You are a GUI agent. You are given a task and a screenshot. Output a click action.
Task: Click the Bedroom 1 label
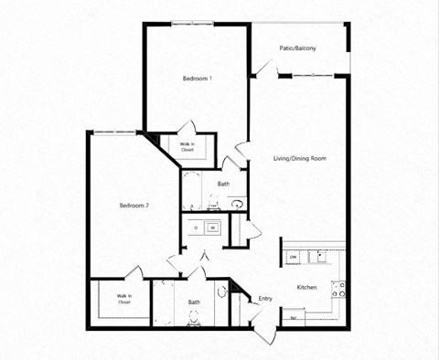click(198, 79)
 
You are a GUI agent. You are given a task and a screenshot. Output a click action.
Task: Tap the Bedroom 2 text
click(134, 206)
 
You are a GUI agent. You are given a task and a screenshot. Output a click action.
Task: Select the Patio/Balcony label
click(298, 48)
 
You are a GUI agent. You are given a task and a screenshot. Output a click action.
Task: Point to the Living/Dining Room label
click(299, 159)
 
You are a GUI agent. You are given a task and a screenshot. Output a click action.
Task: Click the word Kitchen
click(307, 288)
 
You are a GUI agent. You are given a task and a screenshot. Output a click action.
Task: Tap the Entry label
click(265, 299)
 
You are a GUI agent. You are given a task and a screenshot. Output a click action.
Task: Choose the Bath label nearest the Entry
click(194, 302)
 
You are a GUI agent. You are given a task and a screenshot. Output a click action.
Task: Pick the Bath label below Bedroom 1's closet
click(223, 185)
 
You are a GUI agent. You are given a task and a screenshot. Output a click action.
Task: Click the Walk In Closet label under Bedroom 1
click(186, 148)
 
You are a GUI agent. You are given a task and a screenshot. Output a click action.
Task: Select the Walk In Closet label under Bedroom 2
click(123, 298)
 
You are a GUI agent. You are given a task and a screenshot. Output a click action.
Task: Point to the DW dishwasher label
click(293, 259)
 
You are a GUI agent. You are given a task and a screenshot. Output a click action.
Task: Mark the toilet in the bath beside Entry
click(194, 319)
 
